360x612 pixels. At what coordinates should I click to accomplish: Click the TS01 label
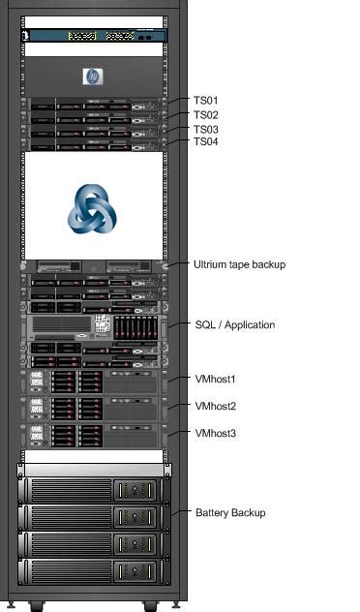(x=206, y=100)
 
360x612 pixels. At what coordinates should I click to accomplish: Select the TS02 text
(x=206, y=114)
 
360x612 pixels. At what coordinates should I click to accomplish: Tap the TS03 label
(x=206, y=129)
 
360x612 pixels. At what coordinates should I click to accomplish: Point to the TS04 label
(x=206, y=142)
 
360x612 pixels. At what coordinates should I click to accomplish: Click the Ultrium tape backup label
(x=239, y=264)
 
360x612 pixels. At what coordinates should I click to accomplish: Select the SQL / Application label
(x=235, y=325)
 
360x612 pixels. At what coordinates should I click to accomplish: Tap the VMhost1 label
(x=216, y=380)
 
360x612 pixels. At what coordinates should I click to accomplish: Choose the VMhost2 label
(x=216, y=407)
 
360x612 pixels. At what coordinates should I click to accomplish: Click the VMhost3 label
(x=216, y=433)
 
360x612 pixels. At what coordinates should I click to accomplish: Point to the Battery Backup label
(x=230, y=512)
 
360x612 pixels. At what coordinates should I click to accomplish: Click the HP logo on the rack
(x=93, y=76)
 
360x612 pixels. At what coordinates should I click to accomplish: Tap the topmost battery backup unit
(x=94, y=489)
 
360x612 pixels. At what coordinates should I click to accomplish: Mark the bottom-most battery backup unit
(x=94, y=570)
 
